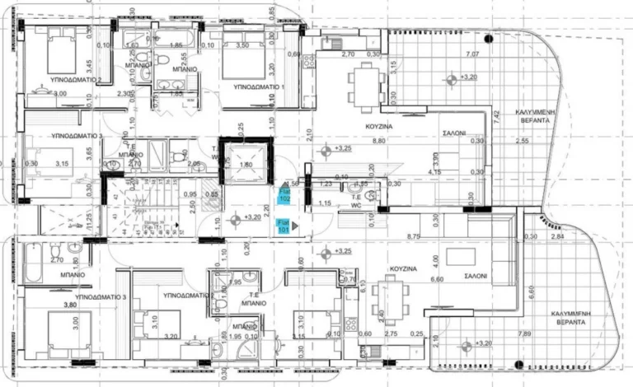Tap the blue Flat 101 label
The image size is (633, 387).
coord(282,226)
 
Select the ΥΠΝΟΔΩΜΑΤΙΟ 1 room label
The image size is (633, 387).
coord(258,86)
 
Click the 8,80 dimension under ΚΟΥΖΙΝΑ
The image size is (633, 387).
coord(378,141)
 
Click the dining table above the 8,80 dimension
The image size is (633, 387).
coord(364,82)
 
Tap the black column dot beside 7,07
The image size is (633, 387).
coord(488,38)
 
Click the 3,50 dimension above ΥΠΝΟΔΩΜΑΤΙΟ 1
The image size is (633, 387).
coord(241,46)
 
